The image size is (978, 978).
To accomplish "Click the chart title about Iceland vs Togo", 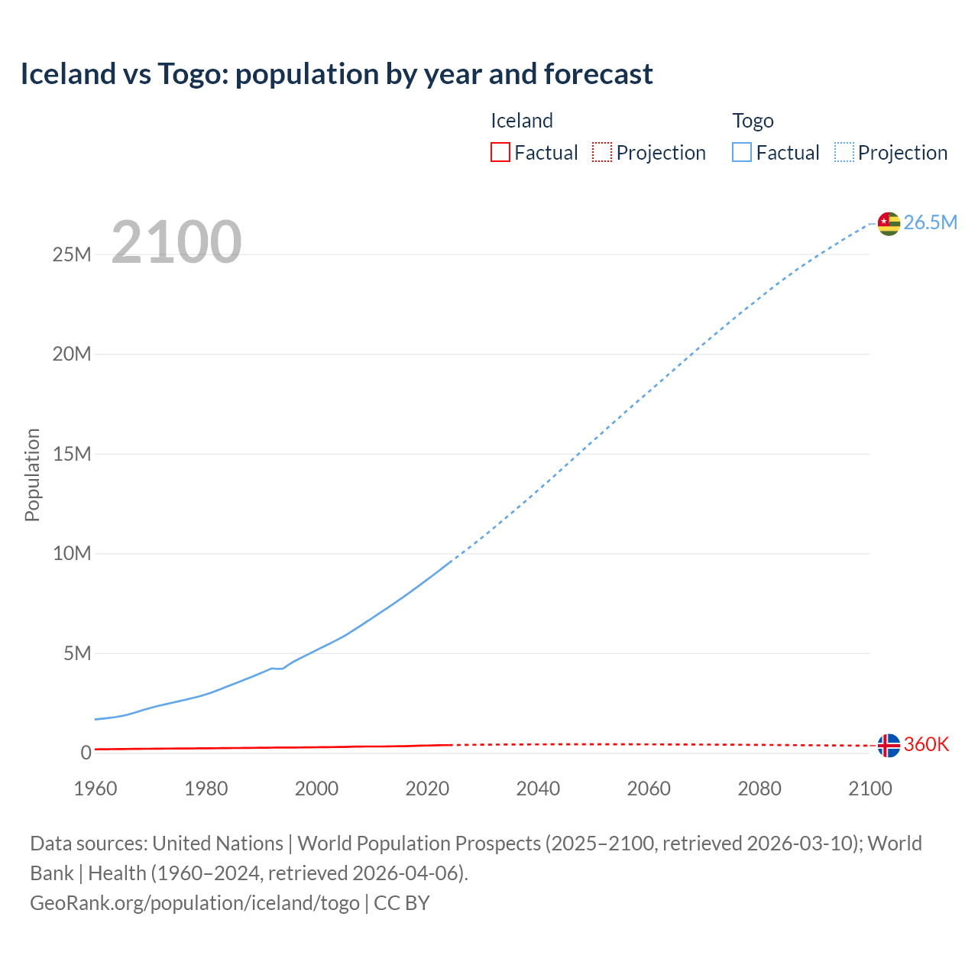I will click(x=336, y=74).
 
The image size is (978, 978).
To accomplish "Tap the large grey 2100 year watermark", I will click(x=176, y=242).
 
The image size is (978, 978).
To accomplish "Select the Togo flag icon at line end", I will click(x=889, y=223).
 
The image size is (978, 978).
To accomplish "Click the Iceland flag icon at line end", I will click(x=889, y=745).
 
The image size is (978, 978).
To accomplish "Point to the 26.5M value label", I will click(x=930, y=222).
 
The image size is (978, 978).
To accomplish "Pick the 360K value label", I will click(x=926, y=744).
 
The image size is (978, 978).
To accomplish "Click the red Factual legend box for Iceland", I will click(x=500, y=152).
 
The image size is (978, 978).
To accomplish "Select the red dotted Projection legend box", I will click(x=602, y=152).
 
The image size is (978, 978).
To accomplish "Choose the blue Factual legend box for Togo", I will click(x=742, y=152).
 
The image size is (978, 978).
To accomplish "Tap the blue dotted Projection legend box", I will click(x=844, y=152).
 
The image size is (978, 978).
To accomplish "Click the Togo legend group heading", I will click(x=753, y=121).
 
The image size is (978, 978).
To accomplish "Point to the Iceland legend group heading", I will click(x=521, y=121).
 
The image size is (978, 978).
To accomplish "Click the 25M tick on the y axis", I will click(x=72, y=254).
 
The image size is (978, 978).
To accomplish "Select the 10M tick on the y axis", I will click(x=72, y=553).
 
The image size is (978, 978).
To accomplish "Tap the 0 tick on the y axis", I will click(x=86, y=753).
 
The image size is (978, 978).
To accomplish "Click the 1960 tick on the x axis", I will click(x=96, y=789).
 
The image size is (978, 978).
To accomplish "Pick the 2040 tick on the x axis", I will click(x=538, y=789).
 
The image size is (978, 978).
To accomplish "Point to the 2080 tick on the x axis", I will click(x=759, y=789).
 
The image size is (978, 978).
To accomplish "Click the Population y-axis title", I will click(x=32, y=474).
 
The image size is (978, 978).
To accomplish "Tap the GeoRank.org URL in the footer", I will click(x=195, y=903).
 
